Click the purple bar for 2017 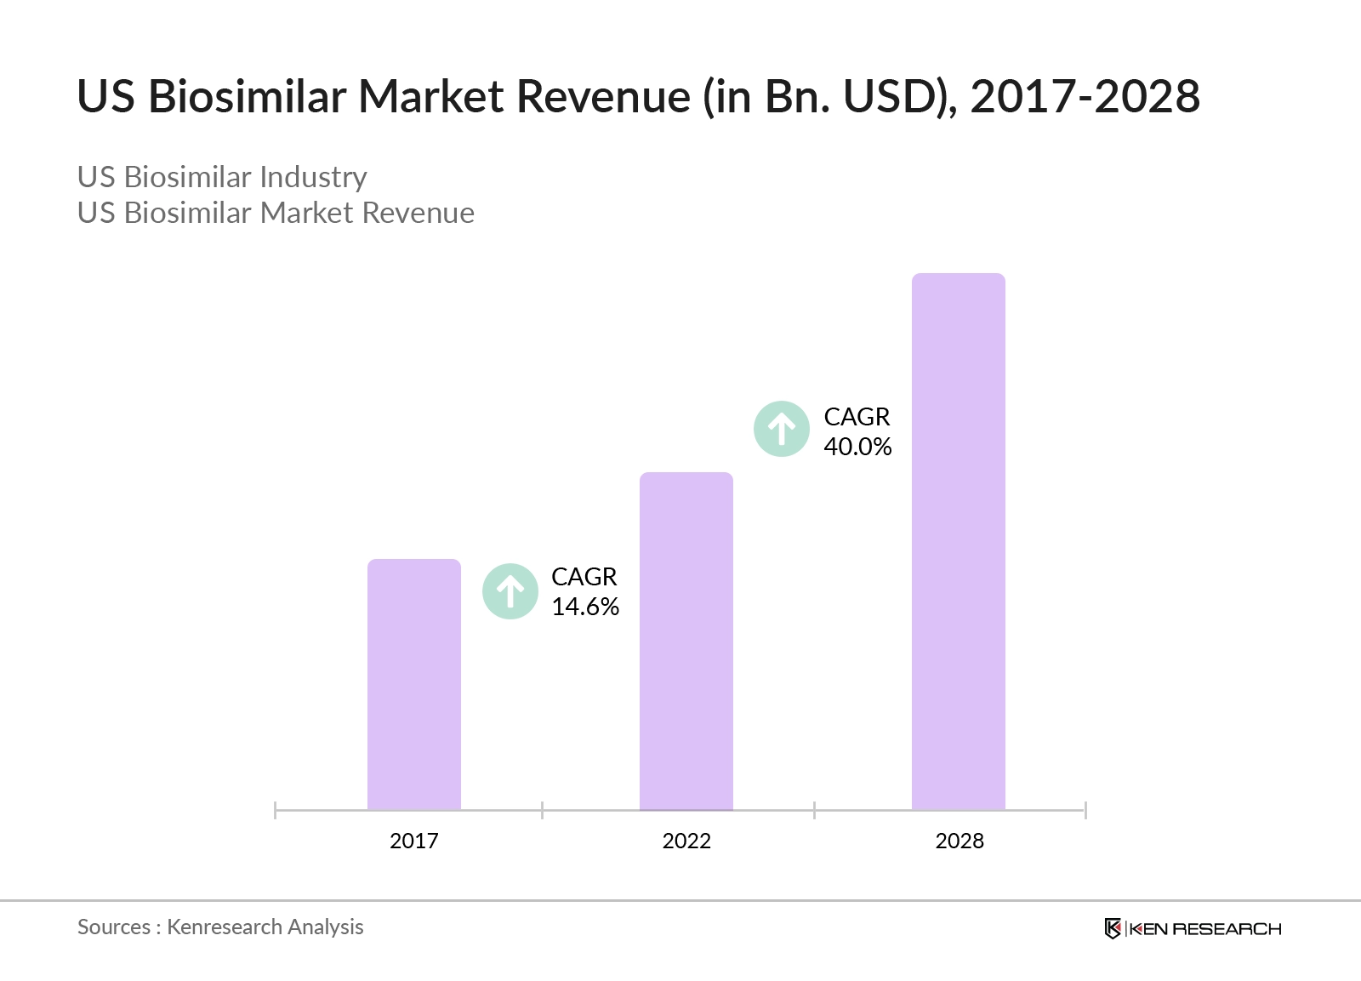click(x=413, y=684)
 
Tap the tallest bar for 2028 click(x=958, y=541)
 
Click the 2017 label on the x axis click(x=413, y=841)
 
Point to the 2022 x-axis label click(x=686, y=841)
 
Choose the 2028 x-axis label click(x=959, y=841)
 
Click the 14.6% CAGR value click(x=585, y=607)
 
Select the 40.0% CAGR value click(x=857, y=447)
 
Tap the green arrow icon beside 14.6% click(x=510, y=591)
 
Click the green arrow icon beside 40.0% click(x=782, y=429)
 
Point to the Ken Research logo click(x=1193, y=928)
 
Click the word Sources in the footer click(x=114, y=927)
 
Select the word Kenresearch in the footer click(x=224, y=927)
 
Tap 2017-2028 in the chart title click(x=1085, y=96)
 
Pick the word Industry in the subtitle click(x=313, y=177)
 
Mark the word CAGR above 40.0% click(x=857, y=417)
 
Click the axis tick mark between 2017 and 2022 click(x=542, y=810)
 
